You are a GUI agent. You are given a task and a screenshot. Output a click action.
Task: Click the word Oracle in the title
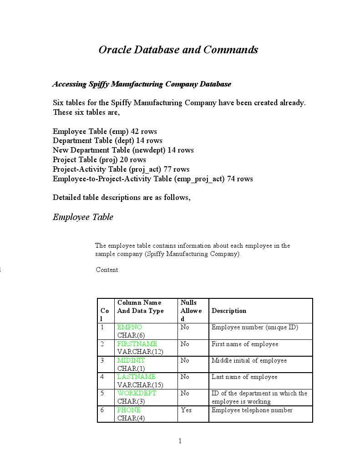[115, 50]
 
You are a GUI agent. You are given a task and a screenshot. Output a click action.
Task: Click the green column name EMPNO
[130, 328]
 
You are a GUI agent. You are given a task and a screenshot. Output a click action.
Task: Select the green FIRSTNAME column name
[137, 344]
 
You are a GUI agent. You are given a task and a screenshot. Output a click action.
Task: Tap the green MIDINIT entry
[131, 360]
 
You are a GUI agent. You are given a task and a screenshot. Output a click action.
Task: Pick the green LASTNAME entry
[136, 377]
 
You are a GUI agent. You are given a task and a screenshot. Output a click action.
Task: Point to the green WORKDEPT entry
[137, 393]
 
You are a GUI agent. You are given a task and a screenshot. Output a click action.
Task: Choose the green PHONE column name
[129, 410]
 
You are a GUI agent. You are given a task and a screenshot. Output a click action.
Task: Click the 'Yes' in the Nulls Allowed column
[186, 410]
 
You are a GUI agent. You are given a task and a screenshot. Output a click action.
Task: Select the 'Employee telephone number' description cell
[252, 410]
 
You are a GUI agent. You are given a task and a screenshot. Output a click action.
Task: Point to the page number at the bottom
[180, 440]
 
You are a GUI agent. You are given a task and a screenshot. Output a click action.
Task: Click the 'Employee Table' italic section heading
[83, 217]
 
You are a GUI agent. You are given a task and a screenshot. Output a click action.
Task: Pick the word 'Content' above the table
[107, 270]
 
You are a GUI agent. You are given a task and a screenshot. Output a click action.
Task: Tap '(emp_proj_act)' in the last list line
[199, 179]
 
